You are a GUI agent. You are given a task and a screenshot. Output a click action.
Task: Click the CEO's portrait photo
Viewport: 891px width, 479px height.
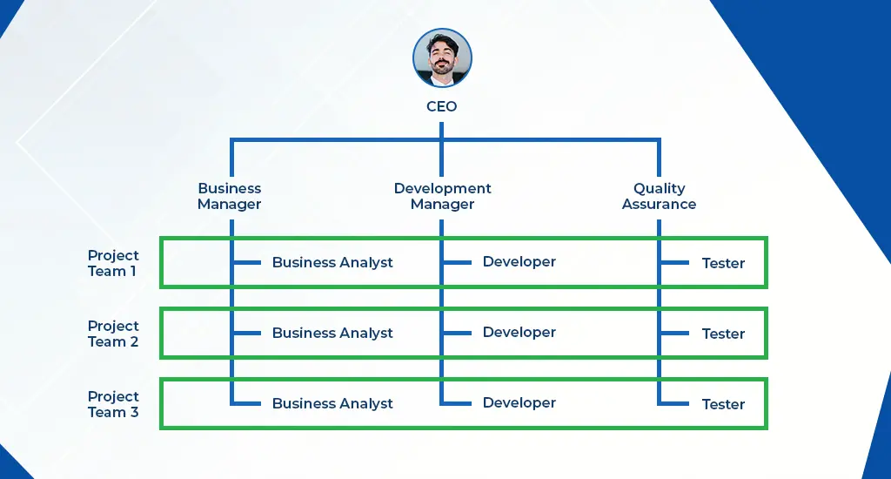click(x=442, y=57)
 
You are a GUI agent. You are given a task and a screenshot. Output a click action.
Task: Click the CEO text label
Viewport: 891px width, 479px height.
click(x=442, y=107)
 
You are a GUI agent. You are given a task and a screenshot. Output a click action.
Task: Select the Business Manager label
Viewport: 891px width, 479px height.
click(x=230, y=196)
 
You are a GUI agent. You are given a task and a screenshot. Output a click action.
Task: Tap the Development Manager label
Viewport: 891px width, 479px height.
click(x=442, y=196)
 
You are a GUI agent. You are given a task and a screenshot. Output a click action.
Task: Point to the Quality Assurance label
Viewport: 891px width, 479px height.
click(x=659, y=196)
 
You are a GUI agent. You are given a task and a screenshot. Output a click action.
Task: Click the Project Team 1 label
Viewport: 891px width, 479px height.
click(x=113, y=263)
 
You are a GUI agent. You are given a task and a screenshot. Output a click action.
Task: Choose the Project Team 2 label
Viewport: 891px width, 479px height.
click(x=113, y=334)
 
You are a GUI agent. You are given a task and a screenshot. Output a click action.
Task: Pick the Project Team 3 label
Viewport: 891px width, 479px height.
click(x=113, y=404)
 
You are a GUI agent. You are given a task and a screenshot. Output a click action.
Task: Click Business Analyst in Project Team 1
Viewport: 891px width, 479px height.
click(x=332, y=262)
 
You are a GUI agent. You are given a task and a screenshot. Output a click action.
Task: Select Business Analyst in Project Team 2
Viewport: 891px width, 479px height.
click(x=332, y=333)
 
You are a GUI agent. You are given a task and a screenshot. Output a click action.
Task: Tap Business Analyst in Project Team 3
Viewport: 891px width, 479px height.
click(x=332, y=403)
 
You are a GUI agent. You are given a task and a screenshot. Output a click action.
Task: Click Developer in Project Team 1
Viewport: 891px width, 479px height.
click(x=519, y=261)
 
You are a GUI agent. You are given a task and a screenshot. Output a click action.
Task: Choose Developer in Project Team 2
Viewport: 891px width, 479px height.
click(x=519, y=332)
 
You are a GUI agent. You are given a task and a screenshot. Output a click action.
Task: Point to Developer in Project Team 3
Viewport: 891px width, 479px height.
click(x=519, y=402)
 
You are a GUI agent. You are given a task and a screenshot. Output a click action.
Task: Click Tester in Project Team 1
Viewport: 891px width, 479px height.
click(x=723, y=263)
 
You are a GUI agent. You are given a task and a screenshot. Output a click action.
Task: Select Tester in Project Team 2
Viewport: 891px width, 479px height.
click(x=723, y=334)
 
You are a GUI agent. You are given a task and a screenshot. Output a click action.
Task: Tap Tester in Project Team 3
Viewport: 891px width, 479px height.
click(x=723, y=404)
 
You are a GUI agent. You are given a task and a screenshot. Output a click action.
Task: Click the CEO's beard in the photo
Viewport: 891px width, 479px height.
click(x=442, y=69)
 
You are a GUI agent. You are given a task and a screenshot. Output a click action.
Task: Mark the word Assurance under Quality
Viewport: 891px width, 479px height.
click(x=659, y=205)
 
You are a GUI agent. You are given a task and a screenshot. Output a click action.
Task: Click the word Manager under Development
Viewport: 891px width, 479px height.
click(x=442, y=205)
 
